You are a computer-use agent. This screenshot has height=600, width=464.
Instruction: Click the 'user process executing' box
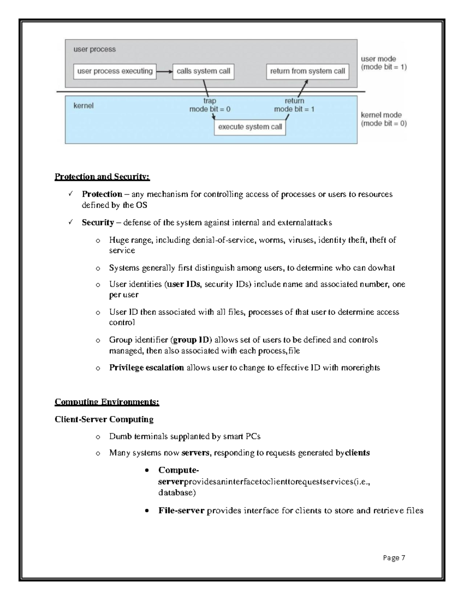[115, 71]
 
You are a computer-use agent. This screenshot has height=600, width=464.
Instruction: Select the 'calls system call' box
[203, 71]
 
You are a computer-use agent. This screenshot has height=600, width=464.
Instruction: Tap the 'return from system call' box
[307, 71]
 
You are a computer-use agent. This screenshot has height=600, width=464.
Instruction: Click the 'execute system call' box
[250, 127]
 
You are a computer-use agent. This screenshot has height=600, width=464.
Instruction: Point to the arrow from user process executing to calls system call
[164, 71]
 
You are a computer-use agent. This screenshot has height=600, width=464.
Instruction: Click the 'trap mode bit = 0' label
[210, 105]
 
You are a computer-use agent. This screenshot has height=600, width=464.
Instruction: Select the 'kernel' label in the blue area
[84, 105]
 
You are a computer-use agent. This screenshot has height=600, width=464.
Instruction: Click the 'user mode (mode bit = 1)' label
[383, 63]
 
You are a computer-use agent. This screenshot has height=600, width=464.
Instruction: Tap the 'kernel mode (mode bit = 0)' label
[383, 119]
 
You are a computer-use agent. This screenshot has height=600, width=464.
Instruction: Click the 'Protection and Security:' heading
[102, 177]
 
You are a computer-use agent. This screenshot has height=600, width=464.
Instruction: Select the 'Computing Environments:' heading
[107, 402]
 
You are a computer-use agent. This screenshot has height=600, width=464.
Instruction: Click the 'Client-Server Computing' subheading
[104, 420]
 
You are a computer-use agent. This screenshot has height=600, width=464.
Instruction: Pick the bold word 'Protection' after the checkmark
[102, 194]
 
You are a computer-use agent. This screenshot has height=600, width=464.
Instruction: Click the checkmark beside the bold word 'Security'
[70, 223]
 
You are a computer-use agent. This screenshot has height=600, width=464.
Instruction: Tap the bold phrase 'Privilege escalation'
[146, 368]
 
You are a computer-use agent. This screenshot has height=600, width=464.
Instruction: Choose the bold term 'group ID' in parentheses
[191, 340]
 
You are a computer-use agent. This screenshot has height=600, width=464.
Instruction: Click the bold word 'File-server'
[181, 511]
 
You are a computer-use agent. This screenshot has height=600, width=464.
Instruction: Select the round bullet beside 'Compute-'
[147, 471]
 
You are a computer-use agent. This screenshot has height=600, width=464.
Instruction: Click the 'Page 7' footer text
[394, 558]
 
